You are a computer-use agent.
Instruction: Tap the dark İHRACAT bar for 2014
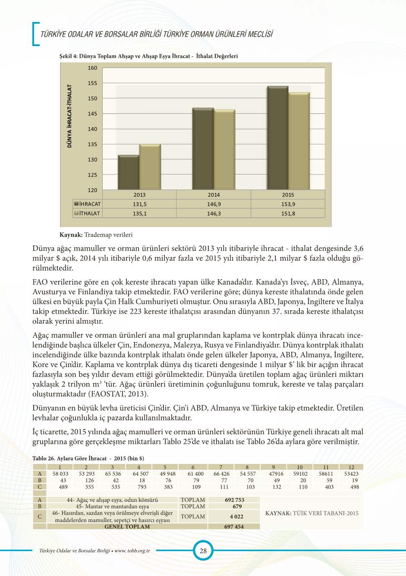coord(203,149)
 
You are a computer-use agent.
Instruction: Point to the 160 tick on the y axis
coord(93,68)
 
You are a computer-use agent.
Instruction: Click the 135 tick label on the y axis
coord(93,144)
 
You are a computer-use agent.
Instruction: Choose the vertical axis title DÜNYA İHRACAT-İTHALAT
coord(69,116)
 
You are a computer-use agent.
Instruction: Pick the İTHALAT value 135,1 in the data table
coord(140,214)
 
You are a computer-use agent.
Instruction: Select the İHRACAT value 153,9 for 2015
coord(288,204)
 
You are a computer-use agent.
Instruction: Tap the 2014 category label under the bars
coord(214,195)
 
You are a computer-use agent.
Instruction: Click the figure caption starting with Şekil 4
coord(148,56)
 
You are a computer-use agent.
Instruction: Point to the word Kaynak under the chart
coord(71,235)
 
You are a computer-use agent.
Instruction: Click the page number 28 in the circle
coord(203,551)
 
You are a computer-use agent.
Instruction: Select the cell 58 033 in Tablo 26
coord(60,473)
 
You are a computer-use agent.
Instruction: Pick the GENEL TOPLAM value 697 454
coord(234,526)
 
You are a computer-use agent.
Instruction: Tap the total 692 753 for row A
coord(234,500)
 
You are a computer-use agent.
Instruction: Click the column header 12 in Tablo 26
coord(351,467)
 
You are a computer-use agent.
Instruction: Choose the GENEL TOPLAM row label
coord(127,526)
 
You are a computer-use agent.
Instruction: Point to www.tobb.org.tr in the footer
coord(132,551)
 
